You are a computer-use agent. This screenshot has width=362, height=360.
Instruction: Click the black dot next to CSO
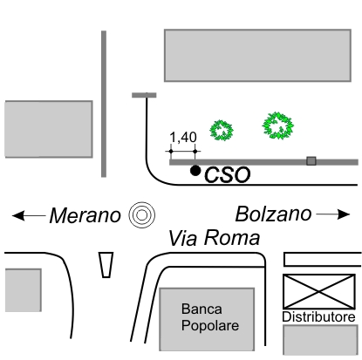tap(195, 171)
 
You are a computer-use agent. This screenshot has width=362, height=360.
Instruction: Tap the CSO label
tap(227, 175)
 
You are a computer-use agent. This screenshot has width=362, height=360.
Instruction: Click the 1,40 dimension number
tap(183, 137)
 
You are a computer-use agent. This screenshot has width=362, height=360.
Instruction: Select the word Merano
tap(85, 215)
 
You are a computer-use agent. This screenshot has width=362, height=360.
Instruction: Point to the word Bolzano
tap(273, 214)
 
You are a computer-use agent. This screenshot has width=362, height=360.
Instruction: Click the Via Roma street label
tap(214, 238)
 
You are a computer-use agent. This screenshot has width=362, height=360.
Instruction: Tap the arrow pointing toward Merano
tap(29, 216)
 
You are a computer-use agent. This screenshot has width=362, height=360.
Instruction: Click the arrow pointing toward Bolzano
tap(333, 214)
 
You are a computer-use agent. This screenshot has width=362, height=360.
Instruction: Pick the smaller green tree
tap(222, 130)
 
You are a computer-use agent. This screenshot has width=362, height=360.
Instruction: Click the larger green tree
tap(277, 126)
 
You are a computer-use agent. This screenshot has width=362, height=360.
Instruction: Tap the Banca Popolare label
tap(210, 317)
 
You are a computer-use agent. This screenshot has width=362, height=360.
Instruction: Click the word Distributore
tap(318, 316)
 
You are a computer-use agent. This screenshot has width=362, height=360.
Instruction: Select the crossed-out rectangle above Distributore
tap(319, 291)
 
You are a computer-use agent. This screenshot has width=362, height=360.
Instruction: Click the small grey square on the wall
tap(311, 161)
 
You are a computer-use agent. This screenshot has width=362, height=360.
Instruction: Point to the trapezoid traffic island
tap(106, 265)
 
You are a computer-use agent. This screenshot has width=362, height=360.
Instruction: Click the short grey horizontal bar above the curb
tap(144, 95)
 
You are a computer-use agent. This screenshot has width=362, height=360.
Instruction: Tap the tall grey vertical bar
tap(104, 104)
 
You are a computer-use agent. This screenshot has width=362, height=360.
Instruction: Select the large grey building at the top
tap(257, 55)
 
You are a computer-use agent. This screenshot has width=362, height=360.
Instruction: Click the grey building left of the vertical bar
tap(49, 129)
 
